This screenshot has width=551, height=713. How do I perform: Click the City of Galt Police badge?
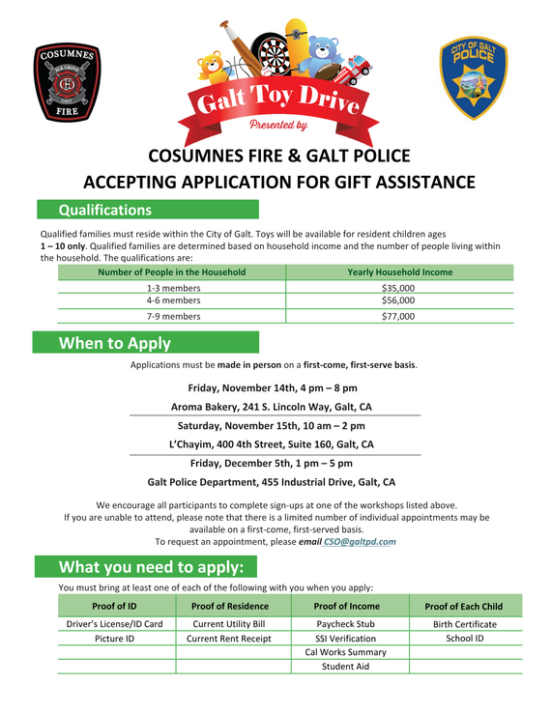[473, 78]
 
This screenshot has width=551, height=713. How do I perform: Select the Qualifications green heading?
[105, 210]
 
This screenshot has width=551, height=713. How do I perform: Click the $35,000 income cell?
[398, 288]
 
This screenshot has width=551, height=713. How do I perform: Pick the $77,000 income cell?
[398, 316]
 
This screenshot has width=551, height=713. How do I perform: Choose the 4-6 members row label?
[173, 300]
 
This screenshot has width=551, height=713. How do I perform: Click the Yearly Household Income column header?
[399, 272]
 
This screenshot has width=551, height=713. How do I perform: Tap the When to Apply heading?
[115, 343]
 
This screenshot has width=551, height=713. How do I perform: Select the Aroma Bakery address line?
[271, 407]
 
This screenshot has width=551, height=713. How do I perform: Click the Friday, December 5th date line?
[271, 463]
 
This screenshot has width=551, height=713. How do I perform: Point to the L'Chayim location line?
[271, 444]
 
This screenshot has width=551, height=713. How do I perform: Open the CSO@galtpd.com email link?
[360, 542]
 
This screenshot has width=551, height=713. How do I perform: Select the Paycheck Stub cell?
[345, 624]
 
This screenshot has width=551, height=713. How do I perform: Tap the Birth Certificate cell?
[465, 624]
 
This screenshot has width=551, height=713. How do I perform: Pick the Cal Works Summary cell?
[345, 652]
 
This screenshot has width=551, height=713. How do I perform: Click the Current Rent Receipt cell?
[230, 639]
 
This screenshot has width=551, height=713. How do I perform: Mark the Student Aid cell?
[345, 667]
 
